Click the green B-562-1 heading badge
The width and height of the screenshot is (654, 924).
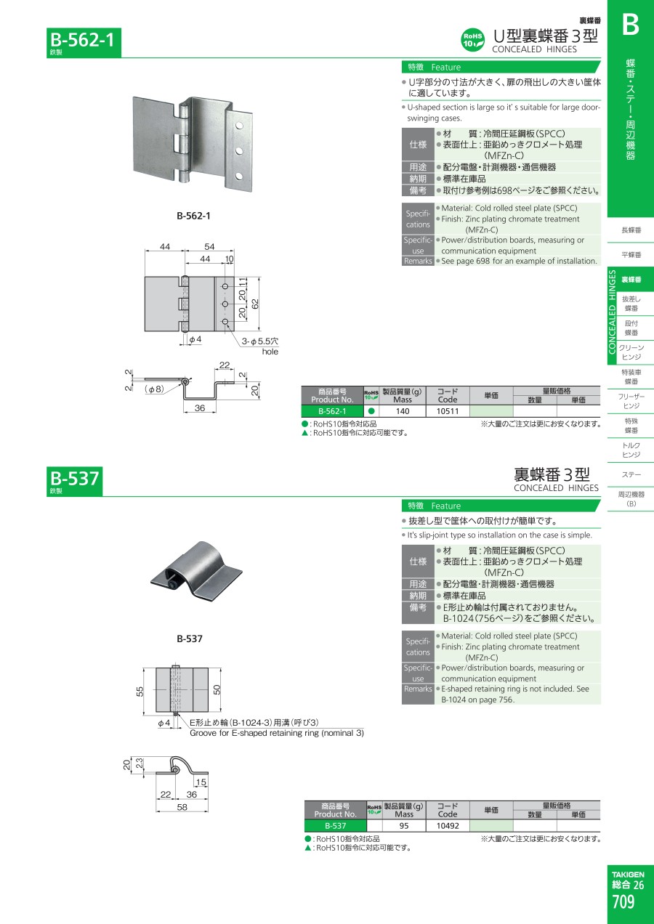click(84, 42)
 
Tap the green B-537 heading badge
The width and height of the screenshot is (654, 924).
click(74, 481)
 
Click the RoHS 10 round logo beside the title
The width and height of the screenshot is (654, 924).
click(472, 40)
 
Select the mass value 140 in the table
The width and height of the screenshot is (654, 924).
click(403, 411)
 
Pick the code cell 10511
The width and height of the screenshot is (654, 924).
click(448, 411)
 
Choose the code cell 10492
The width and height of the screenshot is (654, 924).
click(448, 825)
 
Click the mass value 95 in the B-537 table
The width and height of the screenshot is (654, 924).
click(404, 825)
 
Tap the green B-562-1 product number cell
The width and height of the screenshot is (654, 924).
click(332, 411)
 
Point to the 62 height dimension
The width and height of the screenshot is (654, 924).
click(255, 304)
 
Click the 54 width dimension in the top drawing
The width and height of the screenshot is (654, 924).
click(209, 247)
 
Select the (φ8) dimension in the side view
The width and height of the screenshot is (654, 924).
click(155, 389)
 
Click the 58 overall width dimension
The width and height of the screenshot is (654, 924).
click(182, 807)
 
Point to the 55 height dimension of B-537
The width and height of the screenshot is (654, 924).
click(140, 691)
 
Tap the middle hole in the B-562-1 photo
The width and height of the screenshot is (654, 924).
click(239, 151)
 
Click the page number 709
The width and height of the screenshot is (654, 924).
click(623, 901)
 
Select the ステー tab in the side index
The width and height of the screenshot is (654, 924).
click(631, 475)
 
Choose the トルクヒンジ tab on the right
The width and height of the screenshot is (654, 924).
click(631, 450)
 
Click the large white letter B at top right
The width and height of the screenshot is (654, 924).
click(631, 25)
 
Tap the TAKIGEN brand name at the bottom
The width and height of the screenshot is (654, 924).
click(628, 874)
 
